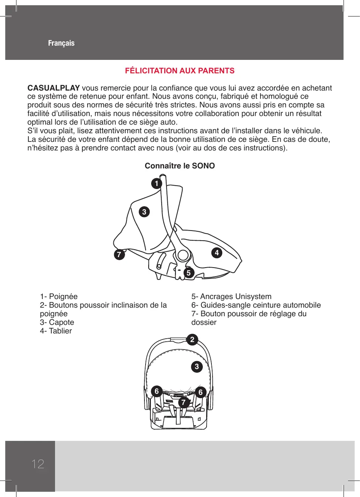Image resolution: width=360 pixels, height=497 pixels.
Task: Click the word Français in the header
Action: click(61, 43)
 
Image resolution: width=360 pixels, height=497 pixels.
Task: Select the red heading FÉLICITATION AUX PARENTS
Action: click(180, 71)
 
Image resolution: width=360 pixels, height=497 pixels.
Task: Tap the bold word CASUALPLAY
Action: click(54, 88)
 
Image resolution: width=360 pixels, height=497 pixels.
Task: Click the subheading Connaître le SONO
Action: click(180, 166)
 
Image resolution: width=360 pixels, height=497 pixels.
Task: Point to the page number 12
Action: click(38, 464)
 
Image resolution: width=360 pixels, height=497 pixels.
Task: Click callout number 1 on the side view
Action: click(156, 183)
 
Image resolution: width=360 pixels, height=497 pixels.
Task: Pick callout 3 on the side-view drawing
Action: click(144, 212)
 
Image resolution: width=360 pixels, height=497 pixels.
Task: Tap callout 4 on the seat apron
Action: click(217, 253)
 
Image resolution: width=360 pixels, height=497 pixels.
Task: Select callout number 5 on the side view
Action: click(189, 273)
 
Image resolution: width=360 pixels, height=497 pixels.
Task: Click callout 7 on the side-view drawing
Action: click(119, 254)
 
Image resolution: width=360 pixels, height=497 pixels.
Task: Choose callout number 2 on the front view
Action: click(192, 339)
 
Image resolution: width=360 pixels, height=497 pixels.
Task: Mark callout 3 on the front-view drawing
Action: click(197, 366)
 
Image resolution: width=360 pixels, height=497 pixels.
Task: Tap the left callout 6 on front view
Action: click(157, 391)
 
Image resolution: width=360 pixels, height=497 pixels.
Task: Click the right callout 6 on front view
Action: click(201, 392)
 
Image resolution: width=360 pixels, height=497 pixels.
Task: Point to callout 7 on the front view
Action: click(183, 402)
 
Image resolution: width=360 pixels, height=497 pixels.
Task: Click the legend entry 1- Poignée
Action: click(59, 296)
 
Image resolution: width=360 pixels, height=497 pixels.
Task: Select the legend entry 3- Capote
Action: click(57, 322)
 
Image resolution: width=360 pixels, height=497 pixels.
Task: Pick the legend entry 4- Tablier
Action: click(56, 331)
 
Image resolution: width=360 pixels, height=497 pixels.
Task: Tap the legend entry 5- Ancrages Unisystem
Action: click(231, 296)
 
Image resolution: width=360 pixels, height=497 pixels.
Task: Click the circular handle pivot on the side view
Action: click(183, 255)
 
